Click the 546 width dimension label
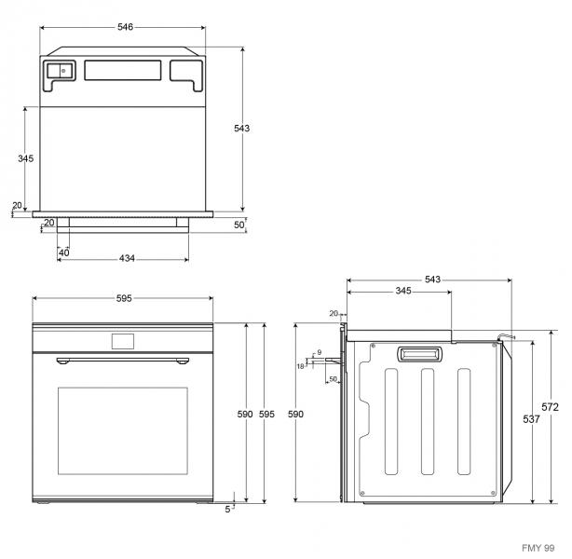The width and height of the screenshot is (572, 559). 124,27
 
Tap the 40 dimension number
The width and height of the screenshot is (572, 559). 63,252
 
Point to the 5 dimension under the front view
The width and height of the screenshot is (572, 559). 226,510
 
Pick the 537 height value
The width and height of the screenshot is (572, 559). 530,420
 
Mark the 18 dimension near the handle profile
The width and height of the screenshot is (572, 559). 301,366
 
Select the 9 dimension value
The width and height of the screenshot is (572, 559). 319,353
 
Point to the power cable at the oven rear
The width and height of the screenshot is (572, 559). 507,336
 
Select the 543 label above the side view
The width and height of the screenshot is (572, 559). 430,279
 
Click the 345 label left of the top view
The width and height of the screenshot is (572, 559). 26,158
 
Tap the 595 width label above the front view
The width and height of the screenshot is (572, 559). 124,299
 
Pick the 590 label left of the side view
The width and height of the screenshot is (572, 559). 296,414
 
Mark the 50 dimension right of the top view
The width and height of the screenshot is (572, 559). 238,225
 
